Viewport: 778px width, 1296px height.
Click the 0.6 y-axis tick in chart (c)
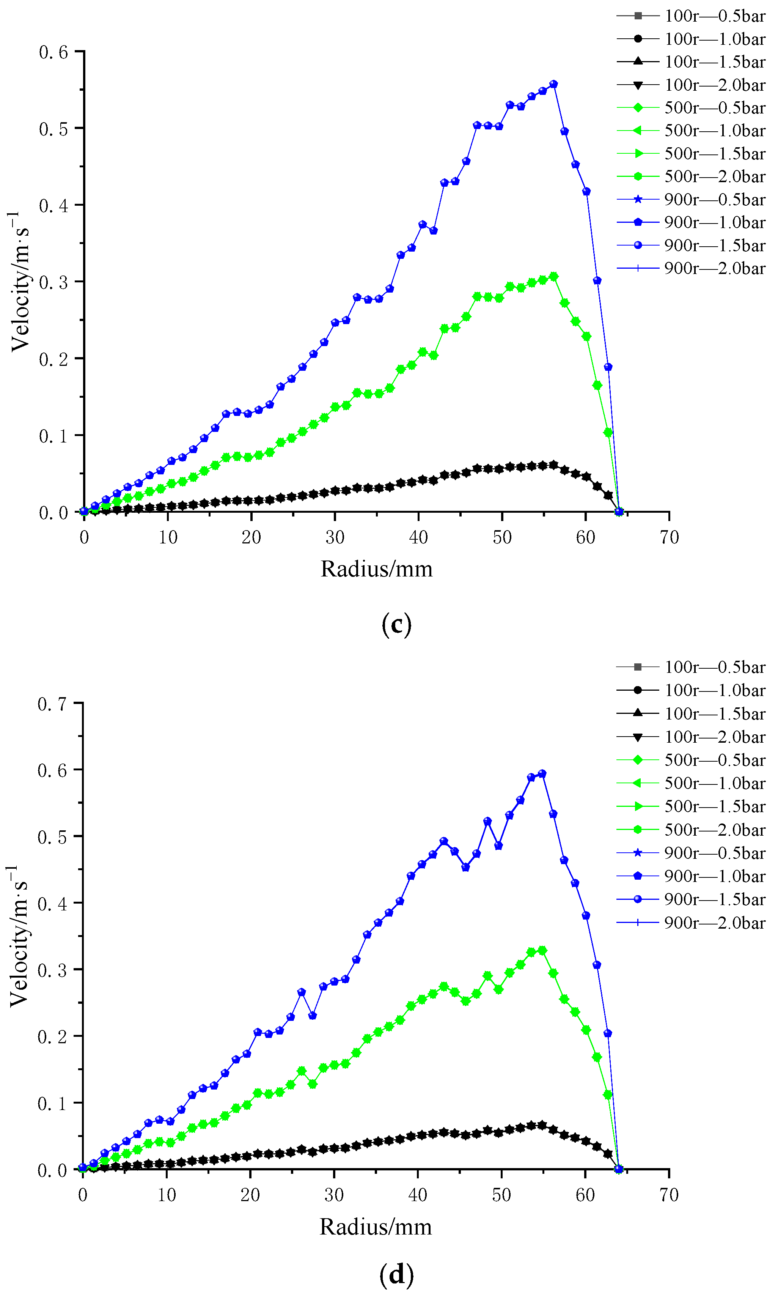[53, 52]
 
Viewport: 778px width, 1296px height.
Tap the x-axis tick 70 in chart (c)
[669, 537]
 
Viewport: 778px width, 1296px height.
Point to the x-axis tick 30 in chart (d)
[334, 1194]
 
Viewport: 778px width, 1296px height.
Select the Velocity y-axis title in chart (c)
[20, 281]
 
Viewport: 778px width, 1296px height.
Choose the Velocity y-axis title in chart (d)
[19, 936]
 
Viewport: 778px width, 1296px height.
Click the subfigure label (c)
[396, 624]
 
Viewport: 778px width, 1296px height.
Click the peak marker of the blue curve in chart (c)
[553, 84]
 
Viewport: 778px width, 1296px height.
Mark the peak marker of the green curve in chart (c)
[553, 276]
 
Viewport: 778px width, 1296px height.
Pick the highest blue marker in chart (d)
[542, 773]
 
